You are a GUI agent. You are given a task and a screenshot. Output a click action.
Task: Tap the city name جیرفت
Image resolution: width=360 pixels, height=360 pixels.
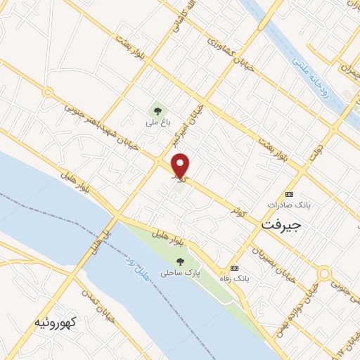point(281,226)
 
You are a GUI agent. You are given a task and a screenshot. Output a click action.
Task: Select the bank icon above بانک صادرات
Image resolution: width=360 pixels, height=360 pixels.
point(288,193)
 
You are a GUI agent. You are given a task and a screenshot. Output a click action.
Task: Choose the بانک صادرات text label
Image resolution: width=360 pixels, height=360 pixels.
point(290,205)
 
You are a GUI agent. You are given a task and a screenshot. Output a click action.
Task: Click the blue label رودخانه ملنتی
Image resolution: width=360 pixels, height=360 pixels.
point(316,75)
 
